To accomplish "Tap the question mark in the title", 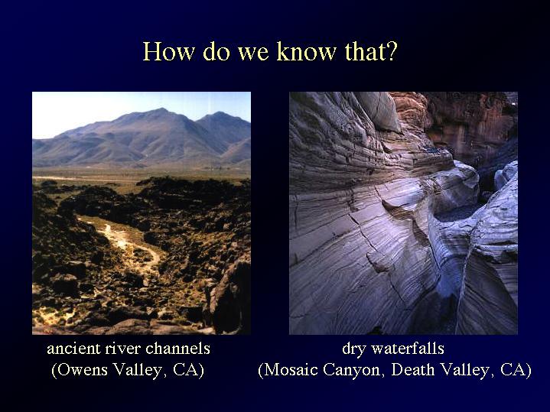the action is pos(392,51).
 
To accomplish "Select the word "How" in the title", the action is pos(168,51).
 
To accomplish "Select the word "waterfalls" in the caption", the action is pos(408,349).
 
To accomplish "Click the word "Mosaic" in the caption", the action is pos(288,370).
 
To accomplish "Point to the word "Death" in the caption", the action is pos(413,369).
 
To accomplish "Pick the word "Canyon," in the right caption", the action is pos(355,371).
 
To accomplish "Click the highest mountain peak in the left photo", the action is pos(160,109).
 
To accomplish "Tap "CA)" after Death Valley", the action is pos(516,370).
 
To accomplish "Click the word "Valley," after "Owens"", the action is pos(140,371).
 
